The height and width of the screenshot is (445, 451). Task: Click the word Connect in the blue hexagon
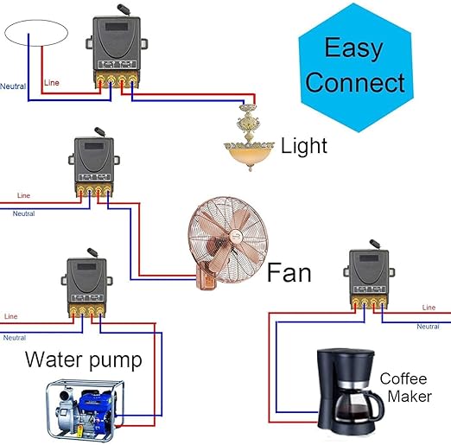click(355, 82)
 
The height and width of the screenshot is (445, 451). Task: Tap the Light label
click(304, 145)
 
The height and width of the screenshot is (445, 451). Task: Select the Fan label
click(288, 274)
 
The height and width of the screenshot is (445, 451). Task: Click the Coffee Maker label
click(403, 387)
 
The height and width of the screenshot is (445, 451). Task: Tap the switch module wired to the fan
click(91, 167)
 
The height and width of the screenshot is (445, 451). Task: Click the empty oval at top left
click(35, 35)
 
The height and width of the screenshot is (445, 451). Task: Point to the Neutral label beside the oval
click(13, 86)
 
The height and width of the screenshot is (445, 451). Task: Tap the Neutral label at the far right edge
click(428, 327)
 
